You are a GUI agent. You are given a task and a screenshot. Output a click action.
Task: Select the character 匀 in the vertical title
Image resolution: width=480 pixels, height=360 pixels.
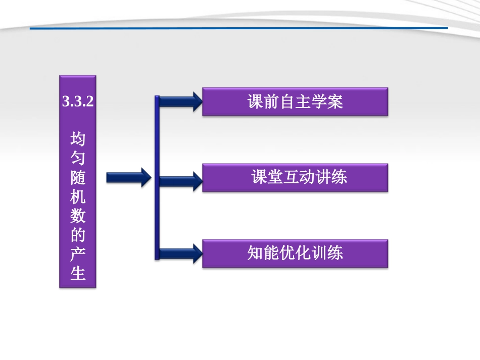pyautogui.click(x=78, y=158)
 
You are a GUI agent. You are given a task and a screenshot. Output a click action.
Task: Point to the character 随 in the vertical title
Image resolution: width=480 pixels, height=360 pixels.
pyautogui.click(x=78, y=177)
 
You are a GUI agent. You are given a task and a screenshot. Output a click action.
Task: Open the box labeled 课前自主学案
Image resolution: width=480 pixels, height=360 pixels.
pyautogui.click(x=295, y=102)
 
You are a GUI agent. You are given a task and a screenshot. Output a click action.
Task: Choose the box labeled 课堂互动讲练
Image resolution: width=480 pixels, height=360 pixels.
pyautogui.click(x=295, y=177)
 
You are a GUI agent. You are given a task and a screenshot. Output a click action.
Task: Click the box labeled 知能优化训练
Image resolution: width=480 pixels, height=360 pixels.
pyautogui.click(x=295, y=253)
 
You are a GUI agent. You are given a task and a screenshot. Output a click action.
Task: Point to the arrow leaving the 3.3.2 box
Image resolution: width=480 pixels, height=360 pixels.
pyautogui.click(x=128, y=177)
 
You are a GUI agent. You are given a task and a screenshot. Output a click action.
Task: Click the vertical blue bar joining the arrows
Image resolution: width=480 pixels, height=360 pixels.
pyautogui.click(x=157, y=177)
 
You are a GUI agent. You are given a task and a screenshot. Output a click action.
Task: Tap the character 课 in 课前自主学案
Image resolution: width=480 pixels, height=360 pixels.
pyautogui.click(x=255, y=102)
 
